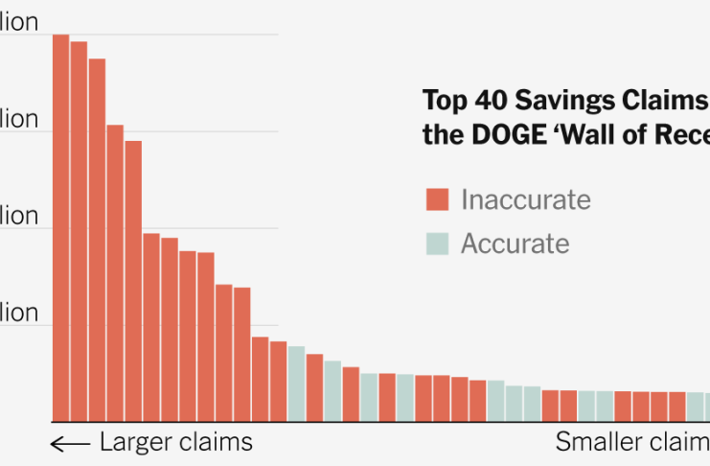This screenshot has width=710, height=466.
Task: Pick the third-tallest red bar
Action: click(97, 240)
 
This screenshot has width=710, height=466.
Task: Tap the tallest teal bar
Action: click(296, 384)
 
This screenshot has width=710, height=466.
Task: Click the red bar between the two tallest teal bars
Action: click(314, 387)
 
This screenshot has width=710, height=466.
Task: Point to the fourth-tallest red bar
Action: click(115, 273)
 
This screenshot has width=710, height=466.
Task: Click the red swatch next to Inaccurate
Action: click(438, 200)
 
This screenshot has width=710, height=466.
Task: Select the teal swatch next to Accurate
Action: click(438, 244)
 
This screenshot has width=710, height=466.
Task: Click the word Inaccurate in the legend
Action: click(525, 199)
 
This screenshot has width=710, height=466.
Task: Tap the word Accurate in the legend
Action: click(515, 244)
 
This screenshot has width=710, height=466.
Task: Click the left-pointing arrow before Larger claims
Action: click(69, 443)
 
